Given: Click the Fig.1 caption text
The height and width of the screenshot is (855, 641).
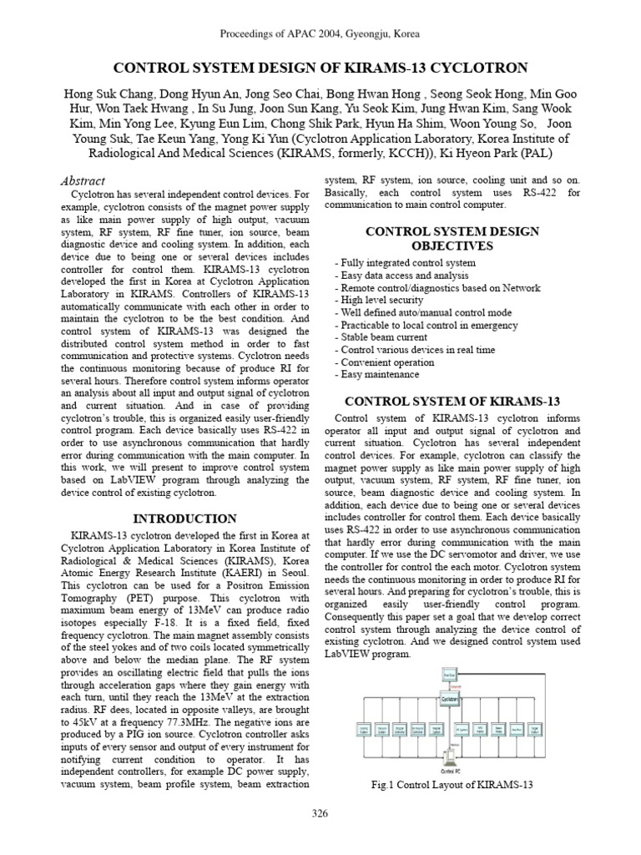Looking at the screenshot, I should pos(452,785).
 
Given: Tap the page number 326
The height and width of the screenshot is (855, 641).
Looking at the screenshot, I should pos(320,813).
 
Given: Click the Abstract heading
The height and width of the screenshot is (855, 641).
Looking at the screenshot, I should pos(83,180).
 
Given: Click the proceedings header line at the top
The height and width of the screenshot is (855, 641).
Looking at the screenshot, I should pos(320,34).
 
